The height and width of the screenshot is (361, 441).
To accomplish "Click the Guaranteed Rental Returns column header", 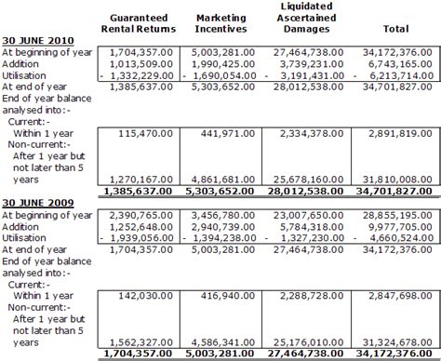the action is coord(139,23).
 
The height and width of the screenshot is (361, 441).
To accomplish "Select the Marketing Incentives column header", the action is coord(220,23).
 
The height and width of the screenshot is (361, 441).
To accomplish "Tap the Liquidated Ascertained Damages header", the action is coord(306,18).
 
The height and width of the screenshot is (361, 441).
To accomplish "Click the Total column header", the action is coord(396,29).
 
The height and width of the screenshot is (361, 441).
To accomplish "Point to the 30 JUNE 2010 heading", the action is coord(38,41).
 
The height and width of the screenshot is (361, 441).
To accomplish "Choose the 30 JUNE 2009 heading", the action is coord(38,203).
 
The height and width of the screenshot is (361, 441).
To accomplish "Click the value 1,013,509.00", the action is coord(141,64).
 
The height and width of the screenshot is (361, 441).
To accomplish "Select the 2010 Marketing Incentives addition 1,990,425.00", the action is coord(223,64).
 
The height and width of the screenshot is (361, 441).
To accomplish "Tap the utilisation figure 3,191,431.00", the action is coord(313,75).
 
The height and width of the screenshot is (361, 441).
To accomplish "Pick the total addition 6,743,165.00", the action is coord(397,64).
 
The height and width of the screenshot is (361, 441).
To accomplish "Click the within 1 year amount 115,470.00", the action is coord(145,134).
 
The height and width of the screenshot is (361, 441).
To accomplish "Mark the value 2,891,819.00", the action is coord(400,134).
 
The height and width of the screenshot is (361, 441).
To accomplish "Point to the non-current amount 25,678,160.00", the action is coord(308,180).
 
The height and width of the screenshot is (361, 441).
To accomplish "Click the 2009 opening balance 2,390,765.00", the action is coord(141,215).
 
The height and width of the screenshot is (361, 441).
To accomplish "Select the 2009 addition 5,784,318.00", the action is coord(312,227).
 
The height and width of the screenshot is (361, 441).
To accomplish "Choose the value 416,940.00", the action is coord(228,296).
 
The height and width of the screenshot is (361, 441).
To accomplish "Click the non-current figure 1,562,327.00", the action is coord(141,342).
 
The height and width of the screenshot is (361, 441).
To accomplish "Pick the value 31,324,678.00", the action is coord(397,342).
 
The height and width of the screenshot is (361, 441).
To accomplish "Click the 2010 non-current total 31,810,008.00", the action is coord(397,180).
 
